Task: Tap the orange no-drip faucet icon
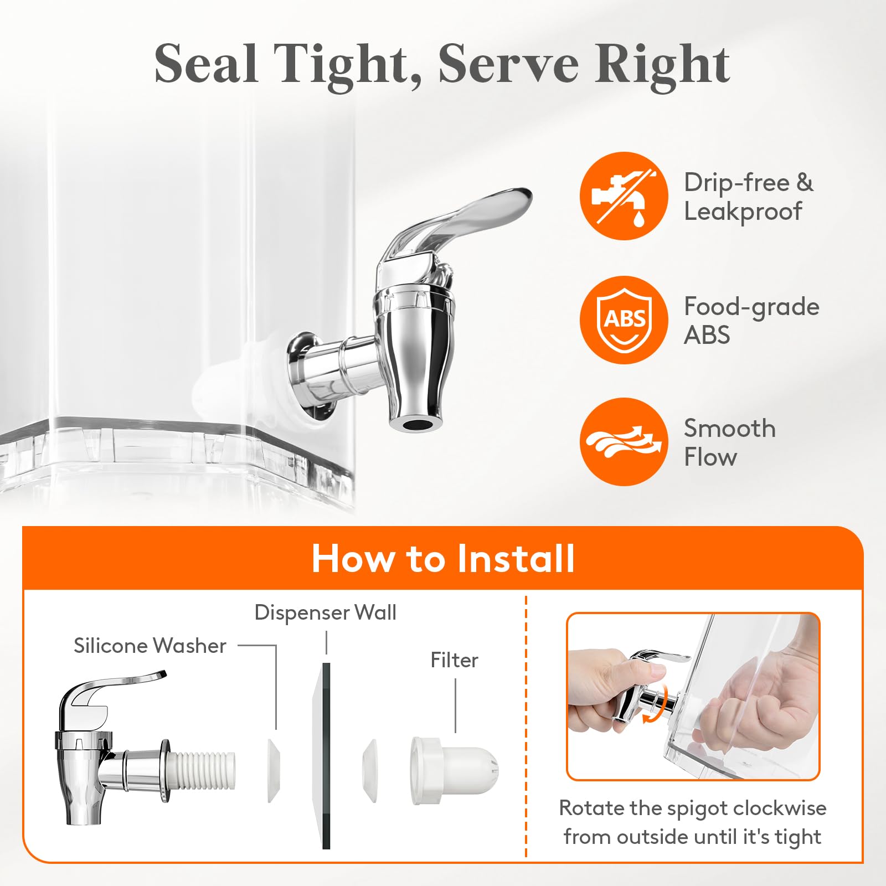[624, 196]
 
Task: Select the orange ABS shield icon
[624, 320]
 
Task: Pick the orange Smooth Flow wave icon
[624, 442]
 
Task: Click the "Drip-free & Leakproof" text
[749, 197]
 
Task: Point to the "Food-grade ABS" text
[751, 321]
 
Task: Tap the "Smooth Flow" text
[729, 442]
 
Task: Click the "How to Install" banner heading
[443, 558]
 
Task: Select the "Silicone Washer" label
[150, 646]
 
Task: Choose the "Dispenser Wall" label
[325, 612]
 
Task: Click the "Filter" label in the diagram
[454, 660]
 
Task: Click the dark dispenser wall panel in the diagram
[326, 755]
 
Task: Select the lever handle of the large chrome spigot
[454, 221]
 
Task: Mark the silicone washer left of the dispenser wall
[274, 770]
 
